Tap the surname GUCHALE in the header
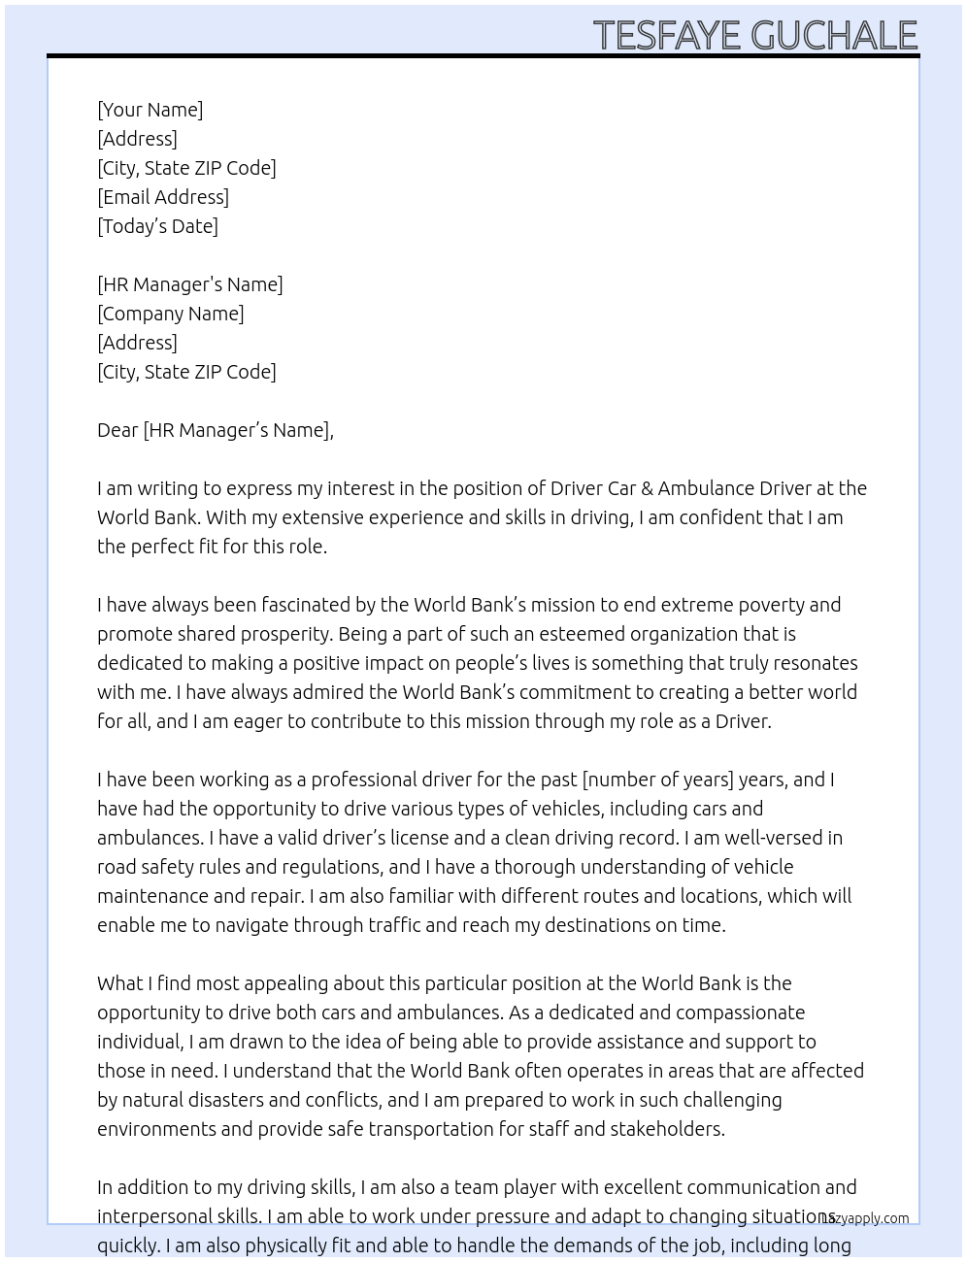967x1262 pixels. click(x=834, y=35)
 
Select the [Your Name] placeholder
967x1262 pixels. click(x=150, y=110)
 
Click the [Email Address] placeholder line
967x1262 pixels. click(x=163, y=197)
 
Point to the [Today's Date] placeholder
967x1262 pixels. click(x=157, y=226)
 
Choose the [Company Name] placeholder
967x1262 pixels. click(x=170, y=314)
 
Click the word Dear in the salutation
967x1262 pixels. click(x=117, y=430)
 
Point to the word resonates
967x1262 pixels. click(x=813, y=663)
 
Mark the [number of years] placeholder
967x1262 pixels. click(x=657, y=780)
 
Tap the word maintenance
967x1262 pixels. click(x=151, y=896)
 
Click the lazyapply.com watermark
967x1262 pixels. click(x=865, y=1218)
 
